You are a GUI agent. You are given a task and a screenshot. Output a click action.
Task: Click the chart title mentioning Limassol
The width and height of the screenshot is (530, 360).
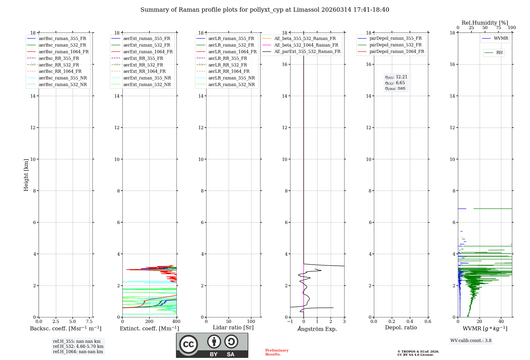265,10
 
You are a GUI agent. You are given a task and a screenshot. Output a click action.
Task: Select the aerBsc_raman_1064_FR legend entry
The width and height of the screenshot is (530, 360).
64,52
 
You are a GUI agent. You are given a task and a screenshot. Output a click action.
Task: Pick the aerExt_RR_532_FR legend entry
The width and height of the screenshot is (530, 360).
143,65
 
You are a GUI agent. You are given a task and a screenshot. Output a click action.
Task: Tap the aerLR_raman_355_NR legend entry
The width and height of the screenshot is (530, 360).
231,78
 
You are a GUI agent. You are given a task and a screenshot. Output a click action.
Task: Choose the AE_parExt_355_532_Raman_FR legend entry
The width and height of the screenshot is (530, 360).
307,51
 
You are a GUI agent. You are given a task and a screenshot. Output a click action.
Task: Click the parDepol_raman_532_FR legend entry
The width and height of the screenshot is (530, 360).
395,45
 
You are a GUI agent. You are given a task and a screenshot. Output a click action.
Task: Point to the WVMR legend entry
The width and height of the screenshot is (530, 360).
501,38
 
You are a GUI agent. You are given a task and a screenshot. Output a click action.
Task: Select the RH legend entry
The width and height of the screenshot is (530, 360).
499,53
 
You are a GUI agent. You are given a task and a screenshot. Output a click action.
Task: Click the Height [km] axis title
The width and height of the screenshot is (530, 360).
26,175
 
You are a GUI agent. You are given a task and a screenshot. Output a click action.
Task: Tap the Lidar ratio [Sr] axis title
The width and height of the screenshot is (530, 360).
233,327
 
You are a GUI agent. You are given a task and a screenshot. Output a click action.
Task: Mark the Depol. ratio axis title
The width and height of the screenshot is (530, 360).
401,327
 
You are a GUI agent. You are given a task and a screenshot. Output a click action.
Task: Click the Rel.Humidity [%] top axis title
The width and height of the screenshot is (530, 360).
485,23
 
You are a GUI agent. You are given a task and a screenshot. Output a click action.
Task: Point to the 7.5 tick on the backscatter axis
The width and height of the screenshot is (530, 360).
89,322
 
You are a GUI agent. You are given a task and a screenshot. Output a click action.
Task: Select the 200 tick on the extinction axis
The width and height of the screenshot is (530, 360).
149,322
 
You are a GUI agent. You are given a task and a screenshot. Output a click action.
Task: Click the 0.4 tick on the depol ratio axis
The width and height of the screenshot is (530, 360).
410,322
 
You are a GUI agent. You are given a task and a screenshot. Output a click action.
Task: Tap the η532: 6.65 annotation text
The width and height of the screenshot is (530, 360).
395,83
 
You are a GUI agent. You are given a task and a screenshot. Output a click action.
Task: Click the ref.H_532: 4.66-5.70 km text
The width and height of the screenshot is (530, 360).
78,346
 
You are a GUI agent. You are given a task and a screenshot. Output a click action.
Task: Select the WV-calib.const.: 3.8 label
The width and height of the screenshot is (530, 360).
471,341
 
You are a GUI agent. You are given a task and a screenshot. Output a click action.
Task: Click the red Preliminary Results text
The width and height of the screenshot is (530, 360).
277,352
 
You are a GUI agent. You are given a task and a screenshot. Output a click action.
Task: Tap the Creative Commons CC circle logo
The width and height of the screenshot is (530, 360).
188,344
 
